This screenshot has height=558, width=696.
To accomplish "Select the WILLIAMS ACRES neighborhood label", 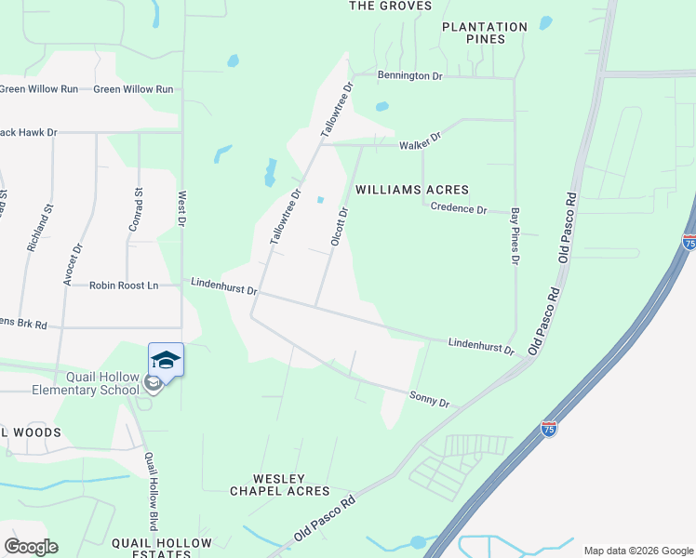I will tap(410, 190).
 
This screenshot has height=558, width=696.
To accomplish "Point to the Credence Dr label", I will tap(459, 210).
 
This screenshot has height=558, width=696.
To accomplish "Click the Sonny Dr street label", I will tap(430, 399).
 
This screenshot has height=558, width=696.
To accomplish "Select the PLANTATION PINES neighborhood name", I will tap(485, 33).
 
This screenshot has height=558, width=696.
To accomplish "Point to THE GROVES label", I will tap(391, 6).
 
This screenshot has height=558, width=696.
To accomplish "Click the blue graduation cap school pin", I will tap(167, 360).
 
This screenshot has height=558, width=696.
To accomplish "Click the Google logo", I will tap(31, 547).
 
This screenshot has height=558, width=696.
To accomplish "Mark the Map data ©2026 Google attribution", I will tap(637, 551).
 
